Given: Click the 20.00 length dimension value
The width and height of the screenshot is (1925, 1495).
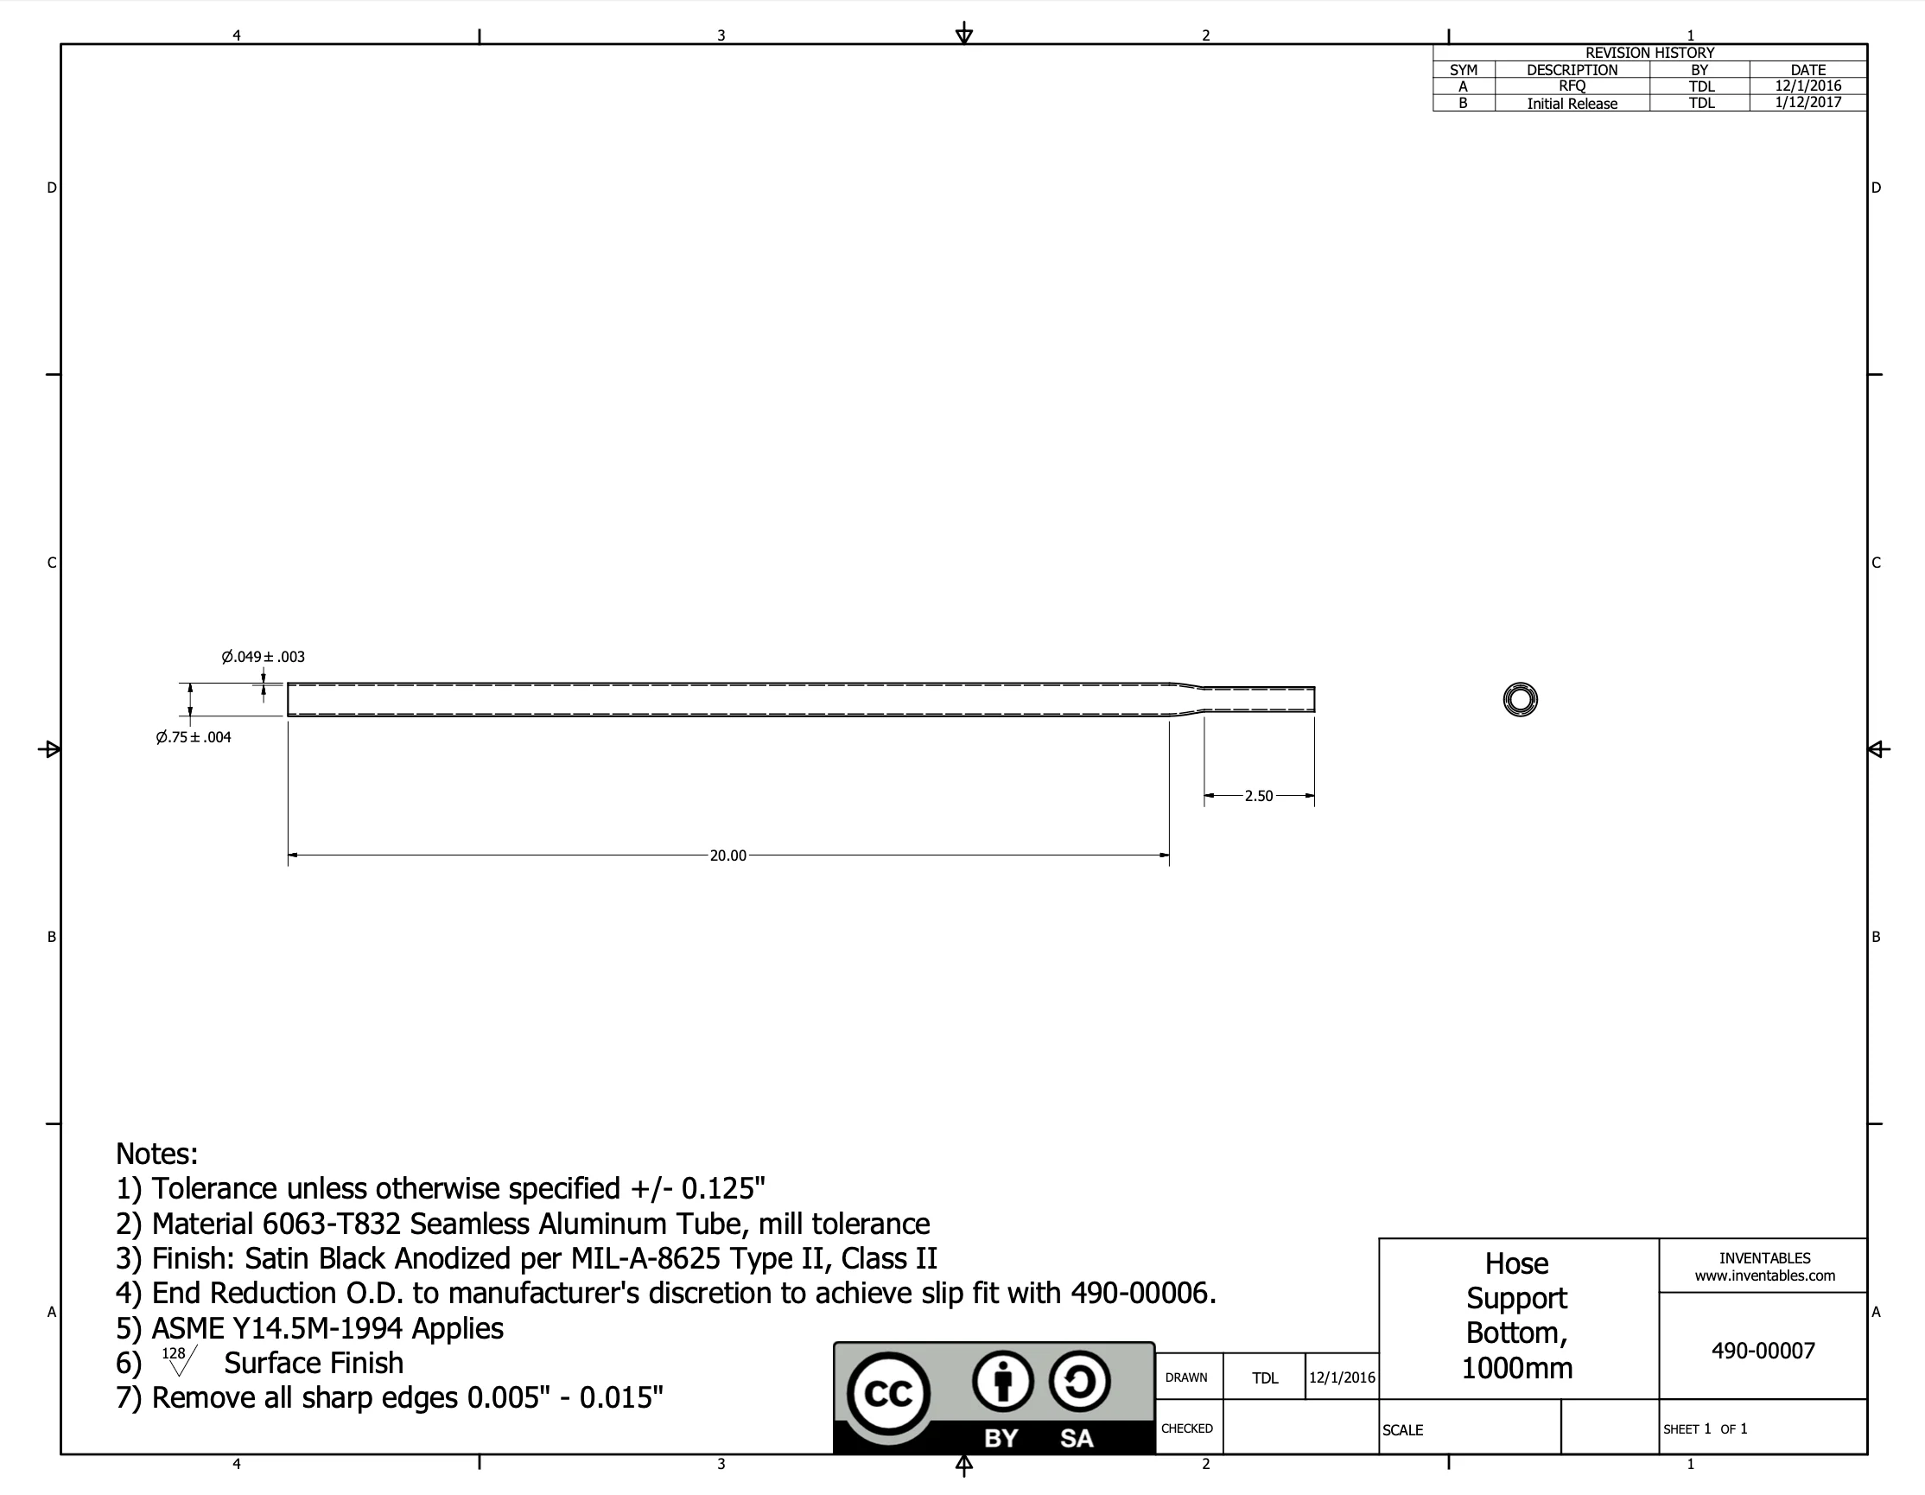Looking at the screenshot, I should (x=727, y=855).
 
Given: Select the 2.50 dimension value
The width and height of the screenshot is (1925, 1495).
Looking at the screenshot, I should (x=1258, y=796).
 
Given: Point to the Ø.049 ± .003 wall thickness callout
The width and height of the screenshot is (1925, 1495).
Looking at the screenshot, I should (x=263, y=657).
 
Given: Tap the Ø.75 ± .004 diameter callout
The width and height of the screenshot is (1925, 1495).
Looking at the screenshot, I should (x=193, y=737).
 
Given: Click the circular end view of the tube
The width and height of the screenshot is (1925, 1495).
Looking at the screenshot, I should (x=1520, y=699).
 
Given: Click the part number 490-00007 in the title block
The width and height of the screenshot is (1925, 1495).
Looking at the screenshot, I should (x=1762, y=1351).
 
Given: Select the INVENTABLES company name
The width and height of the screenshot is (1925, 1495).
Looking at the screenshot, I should (x=1763, y=1258).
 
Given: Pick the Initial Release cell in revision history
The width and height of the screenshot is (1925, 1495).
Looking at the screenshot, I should (x=1572, y=103).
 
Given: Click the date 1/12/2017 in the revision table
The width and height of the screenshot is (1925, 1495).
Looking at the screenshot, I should (x=1807, y=102).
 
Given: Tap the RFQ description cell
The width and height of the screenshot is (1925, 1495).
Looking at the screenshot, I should (x=1572, y=86).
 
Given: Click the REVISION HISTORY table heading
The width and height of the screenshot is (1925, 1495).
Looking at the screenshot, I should (x=1649, y=53).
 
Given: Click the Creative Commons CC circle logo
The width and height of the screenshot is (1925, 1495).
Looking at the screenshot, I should (x=887, y=1394).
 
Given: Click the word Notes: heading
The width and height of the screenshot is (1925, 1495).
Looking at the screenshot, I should (x=157, y=1154).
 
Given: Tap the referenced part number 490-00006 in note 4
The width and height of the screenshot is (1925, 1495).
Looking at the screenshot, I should (x=1141, y=1293).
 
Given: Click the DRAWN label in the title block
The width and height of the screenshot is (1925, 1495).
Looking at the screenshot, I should (x=1185, y=1377).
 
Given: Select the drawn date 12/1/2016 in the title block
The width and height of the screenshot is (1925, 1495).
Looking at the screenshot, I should (x=1342, y=1377).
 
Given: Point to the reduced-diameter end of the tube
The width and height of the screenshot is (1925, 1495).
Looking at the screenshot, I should (x=1261, y=699).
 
